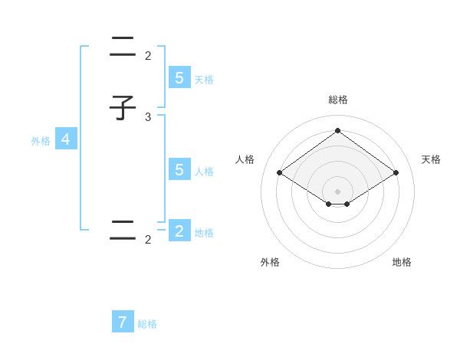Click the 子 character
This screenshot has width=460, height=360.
(123, 107)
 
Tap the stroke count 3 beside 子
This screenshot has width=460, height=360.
(148, 116)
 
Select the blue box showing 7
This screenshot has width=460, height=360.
(123, 322)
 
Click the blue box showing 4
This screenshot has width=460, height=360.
(66, 139)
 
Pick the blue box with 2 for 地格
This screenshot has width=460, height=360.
(179, 231)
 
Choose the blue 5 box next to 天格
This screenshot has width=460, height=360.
(179, 77)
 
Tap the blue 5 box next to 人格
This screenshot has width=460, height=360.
(179, 169)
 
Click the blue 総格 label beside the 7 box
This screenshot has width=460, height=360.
(147, 324)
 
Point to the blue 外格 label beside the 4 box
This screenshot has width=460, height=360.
(41, 141)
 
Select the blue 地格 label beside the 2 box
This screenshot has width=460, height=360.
(204, 233)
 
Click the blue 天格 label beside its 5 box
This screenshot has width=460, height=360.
(204, 79)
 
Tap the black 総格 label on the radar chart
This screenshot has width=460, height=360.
(338, 100)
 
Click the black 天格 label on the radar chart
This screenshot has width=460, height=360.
(431, 159)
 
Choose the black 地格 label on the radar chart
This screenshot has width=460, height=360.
(402, 262)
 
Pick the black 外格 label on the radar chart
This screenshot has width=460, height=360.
(270, 262)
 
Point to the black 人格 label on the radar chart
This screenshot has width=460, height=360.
(245, 159)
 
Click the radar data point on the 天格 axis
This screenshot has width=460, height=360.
(396, 173)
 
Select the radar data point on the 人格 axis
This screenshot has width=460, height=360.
(280, 173)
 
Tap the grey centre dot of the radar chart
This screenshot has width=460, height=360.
(337, 191)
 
